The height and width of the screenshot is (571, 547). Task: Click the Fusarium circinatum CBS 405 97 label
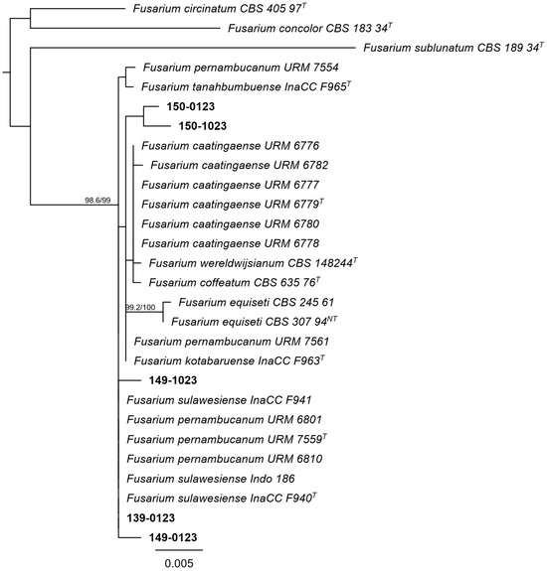point(219,9)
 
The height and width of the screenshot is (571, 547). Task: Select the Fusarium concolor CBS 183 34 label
point(310,28)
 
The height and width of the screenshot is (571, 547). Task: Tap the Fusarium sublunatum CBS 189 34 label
point(454,48)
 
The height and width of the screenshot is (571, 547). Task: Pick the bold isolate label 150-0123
point(191,106)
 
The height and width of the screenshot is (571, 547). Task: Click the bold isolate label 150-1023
point(203,126)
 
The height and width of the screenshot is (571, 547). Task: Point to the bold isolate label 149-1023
point(173,380)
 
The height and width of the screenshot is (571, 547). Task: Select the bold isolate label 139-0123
point(150,517)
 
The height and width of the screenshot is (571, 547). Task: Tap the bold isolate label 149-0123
point(173,537)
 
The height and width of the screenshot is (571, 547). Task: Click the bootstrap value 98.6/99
point(97,201)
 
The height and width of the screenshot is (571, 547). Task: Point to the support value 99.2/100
point(140,308)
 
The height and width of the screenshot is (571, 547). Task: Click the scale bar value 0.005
point(179,563)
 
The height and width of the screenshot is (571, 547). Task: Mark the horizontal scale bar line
point(179,550)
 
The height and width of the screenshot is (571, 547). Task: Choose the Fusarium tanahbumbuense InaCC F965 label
point(247,86)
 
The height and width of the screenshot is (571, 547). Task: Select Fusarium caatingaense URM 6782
point(240,165)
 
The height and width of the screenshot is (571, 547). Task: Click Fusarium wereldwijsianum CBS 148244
point(253,263)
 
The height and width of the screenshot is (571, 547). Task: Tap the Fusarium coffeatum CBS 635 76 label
point(235,283)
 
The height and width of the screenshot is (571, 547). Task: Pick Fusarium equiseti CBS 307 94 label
point(255,322)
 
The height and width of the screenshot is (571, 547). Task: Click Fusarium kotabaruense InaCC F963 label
point(230,360)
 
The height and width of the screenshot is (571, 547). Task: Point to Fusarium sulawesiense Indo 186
point(211,479)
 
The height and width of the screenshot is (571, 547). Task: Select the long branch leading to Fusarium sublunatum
point(193,48)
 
